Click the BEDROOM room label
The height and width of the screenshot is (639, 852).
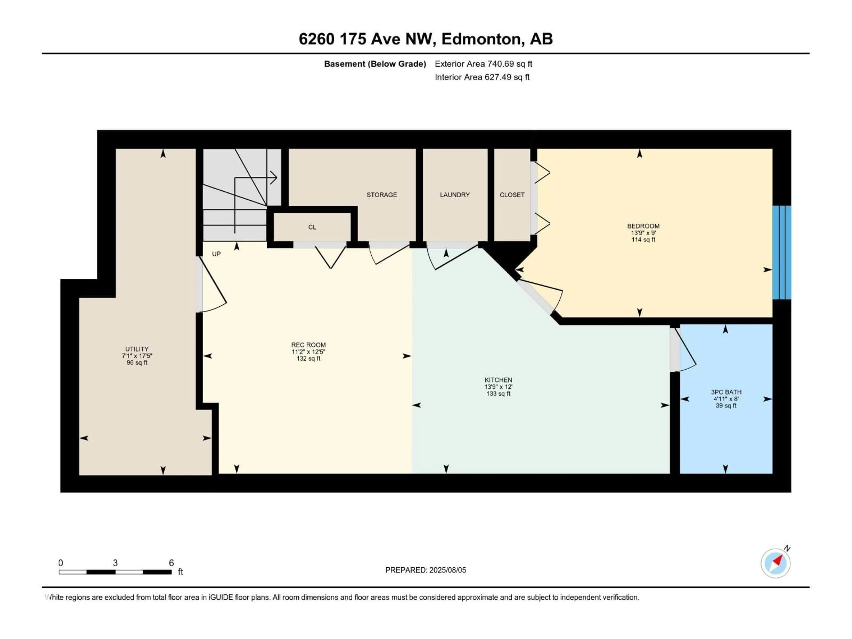click(x=643, y=226)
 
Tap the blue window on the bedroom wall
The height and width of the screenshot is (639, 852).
click(x=781, y=252)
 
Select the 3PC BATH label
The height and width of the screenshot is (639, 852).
click(x=726, y=392)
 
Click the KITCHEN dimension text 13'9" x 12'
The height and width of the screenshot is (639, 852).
click(x=498, y=387)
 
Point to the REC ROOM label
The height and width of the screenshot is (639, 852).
click(x=308, y=345)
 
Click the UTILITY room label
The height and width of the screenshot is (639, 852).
click(x=137, y=349)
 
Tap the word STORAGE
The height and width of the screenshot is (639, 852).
click(x=381, y=195)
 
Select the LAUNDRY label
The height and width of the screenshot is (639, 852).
click(x=454, y=195)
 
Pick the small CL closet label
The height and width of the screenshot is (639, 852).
click(x=312, y=227)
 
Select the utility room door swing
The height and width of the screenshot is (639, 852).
click(x=213, y=287)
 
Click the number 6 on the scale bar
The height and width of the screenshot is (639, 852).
click(x=172, y=563)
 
